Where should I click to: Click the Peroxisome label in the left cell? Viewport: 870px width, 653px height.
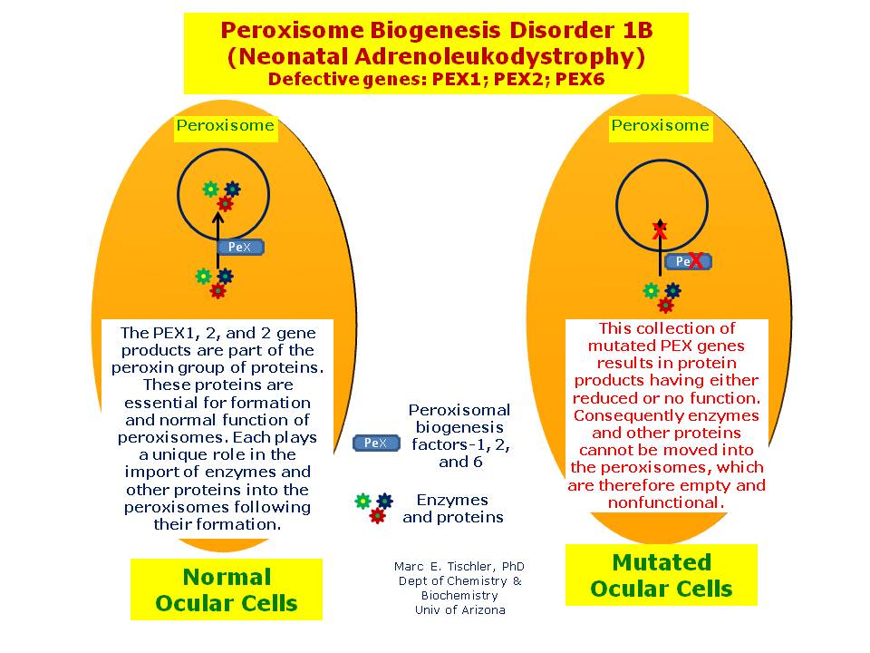click(225, 126)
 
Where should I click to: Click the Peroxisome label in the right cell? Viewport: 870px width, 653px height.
click(660, 126)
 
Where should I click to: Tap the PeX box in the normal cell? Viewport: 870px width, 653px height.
click(239, 247)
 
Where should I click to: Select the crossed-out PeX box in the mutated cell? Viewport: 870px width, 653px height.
click(688, 262)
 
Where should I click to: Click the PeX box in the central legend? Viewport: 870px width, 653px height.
click(375, 443)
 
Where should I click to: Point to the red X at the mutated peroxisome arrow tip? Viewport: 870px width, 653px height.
click(660, 230)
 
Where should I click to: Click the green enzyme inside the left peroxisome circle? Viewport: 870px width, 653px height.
click(210, 189)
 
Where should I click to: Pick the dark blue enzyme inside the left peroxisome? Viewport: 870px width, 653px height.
click(232, 190)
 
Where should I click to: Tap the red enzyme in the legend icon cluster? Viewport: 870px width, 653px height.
click(377, 516)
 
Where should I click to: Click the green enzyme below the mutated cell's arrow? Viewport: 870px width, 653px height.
click(651, 290)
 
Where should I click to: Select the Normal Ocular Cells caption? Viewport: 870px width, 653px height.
click(227, 590)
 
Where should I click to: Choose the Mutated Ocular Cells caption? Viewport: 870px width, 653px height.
click(661, 575)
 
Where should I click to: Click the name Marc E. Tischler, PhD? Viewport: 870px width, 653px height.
click(459, 566)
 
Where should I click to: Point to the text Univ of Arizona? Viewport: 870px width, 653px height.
click(459, 610)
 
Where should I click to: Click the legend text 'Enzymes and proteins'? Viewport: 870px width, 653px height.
click(452, 508)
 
